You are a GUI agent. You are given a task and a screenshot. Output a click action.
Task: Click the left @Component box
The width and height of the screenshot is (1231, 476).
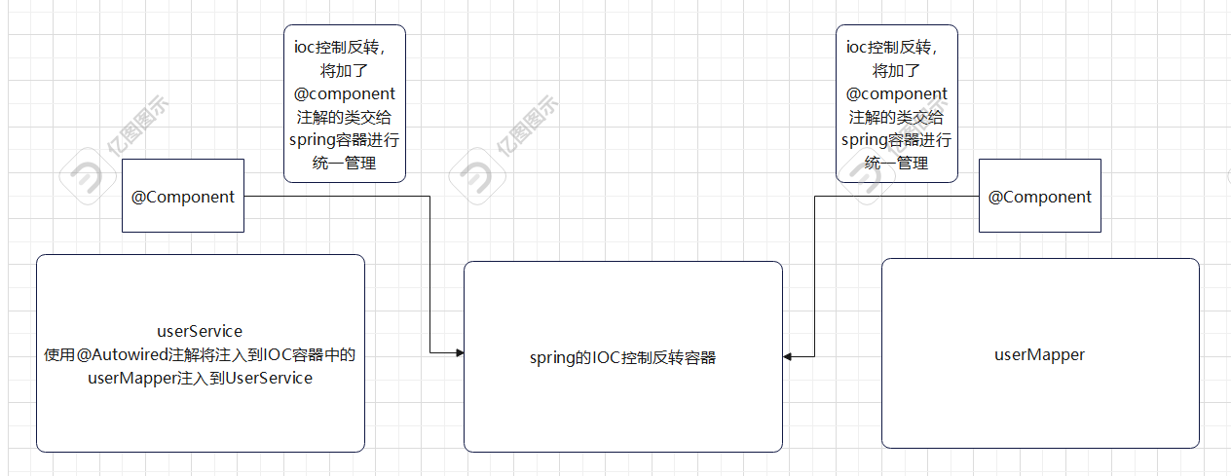click(x=183, y=196)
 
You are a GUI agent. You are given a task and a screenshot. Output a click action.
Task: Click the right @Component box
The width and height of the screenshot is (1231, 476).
click(x=1039, y=196)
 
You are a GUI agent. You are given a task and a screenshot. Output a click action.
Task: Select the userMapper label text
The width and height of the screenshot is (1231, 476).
click(x=1039, y=354)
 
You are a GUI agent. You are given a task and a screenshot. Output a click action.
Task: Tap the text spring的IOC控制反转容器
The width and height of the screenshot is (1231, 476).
click(x=622, y=357)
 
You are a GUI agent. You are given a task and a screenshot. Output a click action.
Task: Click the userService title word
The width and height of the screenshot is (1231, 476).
click(x=200, y=331)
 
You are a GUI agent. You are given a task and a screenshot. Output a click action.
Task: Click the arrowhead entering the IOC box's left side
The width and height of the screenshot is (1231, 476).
click(x=458, y=352)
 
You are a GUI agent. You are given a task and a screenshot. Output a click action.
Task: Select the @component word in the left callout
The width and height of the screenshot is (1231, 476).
click(x=345, y=93)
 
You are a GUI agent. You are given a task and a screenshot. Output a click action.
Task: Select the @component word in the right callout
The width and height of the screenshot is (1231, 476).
click(x=896, y=93)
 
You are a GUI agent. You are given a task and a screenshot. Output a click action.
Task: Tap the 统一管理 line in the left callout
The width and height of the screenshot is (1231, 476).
click(x=345, y=164)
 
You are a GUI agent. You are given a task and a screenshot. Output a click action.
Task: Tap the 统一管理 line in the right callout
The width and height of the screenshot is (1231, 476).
click(x=896, y=164)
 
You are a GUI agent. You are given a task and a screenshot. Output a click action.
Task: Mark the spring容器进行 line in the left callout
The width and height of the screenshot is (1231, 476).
click(x=345, y=140)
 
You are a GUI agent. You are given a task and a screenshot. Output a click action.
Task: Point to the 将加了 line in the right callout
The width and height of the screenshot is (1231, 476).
click(x=896, y=70)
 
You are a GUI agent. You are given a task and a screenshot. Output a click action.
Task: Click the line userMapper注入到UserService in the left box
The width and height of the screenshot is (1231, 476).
click(x=200, y=378)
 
